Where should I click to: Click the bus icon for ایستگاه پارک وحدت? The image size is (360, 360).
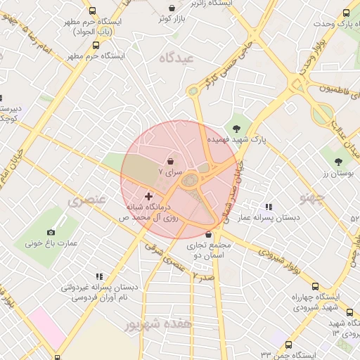345,13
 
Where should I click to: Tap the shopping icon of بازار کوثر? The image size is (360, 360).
172,8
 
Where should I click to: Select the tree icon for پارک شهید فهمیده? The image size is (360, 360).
236,128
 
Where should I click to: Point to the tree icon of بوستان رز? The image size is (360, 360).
338,162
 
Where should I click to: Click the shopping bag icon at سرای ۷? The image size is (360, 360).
172,161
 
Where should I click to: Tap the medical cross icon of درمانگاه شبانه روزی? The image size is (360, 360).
148,196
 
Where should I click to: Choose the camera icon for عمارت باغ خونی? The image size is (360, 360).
51,232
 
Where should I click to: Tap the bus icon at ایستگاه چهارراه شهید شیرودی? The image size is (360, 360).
314,286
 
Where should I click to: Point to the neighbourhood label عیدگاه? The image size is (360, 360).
176,58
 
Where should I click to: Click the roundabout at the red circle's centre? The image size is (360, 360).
191,180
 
